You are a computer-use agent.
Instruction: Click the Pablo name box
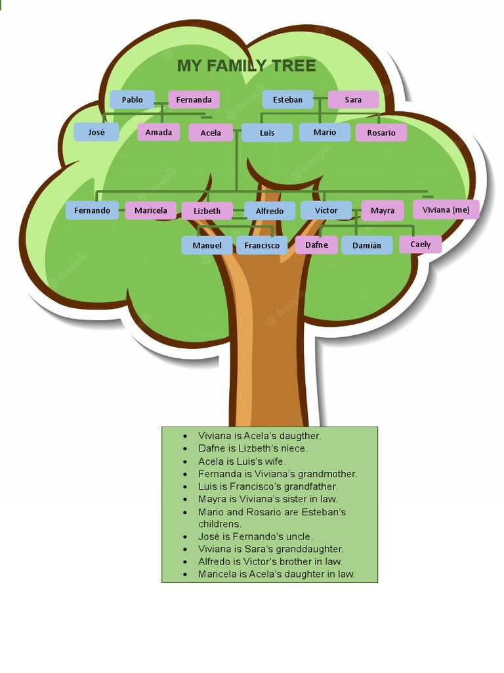tap(132, 100)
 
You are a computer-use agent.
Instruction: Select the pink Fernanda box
tap(194, 100)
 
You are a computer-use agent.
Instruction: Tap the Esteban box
tap(287, 100)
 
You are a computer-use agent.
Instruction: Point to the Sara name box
tap(353, 100)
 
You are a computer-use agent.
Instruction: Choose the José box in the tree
tap(96, 132)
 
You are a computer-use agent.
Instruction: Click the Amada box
tap(159, 132)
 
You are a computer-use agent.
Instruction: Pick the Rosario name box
tap(381, 133)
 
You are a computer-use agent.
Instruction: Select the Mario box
tap(324, 132)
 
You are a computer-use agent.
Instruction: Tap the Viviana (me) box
tap(446, 210)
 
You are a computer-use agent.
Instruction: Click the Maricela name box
tap(151, 210)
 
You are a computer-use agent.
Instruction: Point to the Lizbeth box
tap(207, 211)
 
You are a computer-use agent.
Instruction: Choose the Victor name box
tap(326, 210)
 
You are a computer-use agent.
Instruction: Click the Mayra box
tap(383, 210)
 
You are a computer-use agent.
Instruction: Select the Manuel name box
tap(207, 245)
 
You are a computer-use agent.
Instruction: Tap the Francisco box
tap(262, 245)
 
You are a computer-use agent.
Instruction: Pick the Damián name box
tap(367, 245)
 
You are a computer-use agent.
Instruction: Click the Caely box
tap(421, 244)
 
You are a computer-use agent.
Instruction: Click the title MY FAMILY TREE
tap(247, 66)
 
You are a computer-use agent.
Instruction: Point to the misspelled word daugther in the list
tap(300, 436)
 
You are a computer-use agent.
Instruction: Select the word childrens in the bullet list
tap(220, 524)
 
